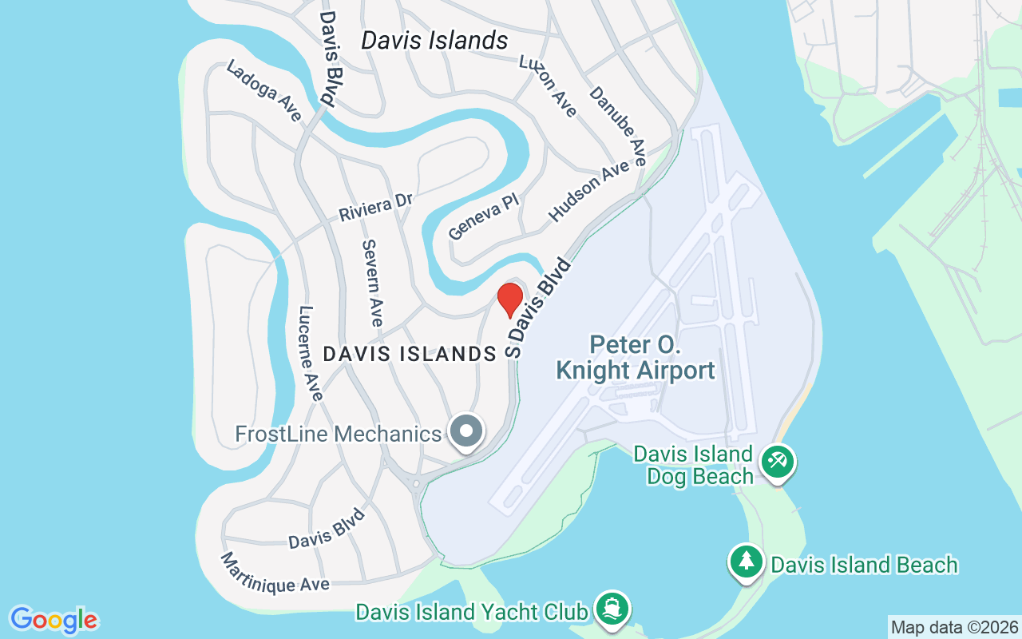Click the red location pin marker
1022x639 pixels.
click(x=509, y=300)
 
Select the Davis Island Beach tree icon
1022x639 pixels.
click(x=747, y=562)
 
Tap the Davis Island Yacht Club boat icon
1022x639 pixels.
click(x=612, y=609)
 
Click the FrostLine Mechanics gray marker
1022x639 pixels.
click(x=467, y=432)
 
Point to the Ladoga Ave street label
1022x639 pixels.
click(x=264, y=92)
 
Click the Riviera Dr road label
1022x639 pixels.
click(x=375, y=207)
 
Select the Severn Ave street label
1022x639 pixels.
click(x=373, y=283)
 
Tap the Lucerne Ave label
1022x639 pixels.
click(x=311, y=353)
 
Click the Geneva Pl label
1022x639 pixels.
click(x=484, y=216)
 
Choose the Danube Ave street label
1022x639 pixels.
click(x=617, y=125)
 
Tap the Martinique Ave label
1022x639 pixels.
click(x=275, y=573)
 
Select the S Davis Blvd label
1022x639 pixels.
click(x=541, y=308)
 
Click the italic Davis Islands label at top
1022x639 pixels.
click(x=434, y=41)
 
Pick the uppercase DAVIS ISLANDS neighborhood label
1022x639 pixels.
click(x=410, y=354)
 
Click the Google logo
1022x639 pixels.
click(x=54, y=620)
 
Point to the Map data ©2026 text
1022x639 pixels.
click(x=954, y=627)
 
